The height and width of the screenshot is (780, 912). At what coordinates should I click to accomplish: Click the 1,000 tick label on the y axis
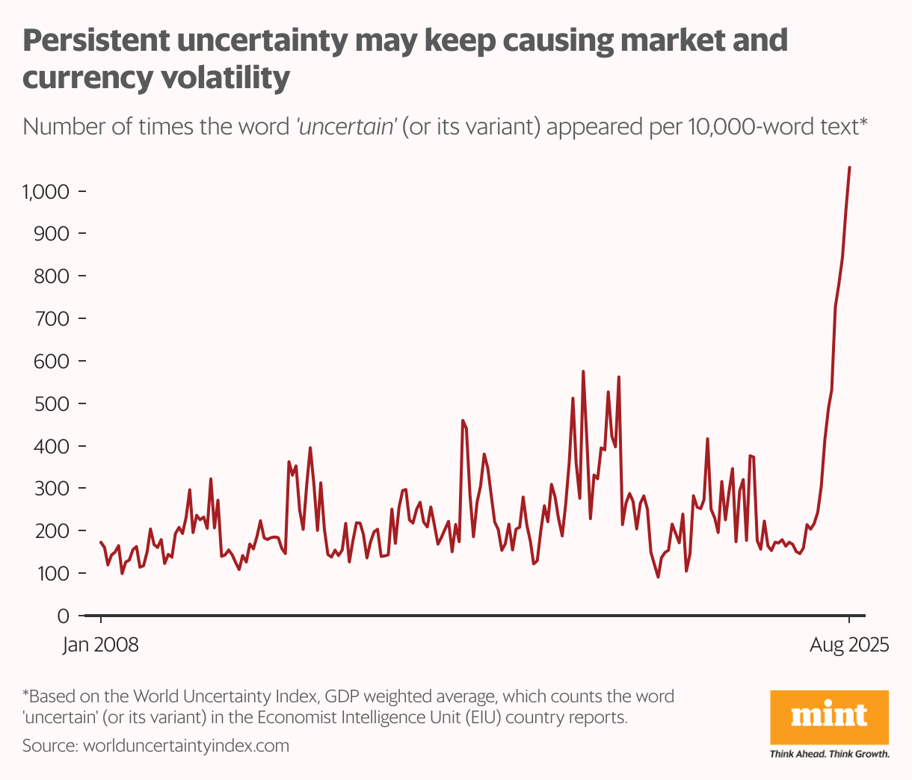pos(46,192)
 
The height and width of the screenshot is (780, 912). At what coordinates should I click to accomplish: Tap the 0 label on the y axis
pos(64,616)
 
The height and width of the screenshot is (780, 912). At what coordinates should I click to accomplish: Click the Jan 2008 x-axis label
pos(101,645)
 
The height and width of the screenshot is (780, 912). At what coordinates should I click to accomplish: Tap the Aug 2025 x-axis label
pos(849,645)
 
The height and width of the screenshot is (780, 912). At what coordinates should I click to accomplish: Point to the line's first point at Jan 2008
pos(101,542)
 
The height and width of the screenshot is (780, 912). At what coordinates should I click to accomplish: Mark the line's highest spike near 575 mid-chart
pos(583,371)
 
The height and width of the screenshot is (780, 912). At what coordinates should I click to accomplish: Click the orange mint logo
pos(829,716)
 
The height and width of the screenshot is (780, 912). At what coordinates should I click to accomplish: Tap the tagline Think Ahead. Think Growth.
pos(829,754)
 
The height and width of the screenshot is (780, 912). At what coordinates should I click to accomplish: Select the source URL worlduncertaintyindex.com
pos(185,746)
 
